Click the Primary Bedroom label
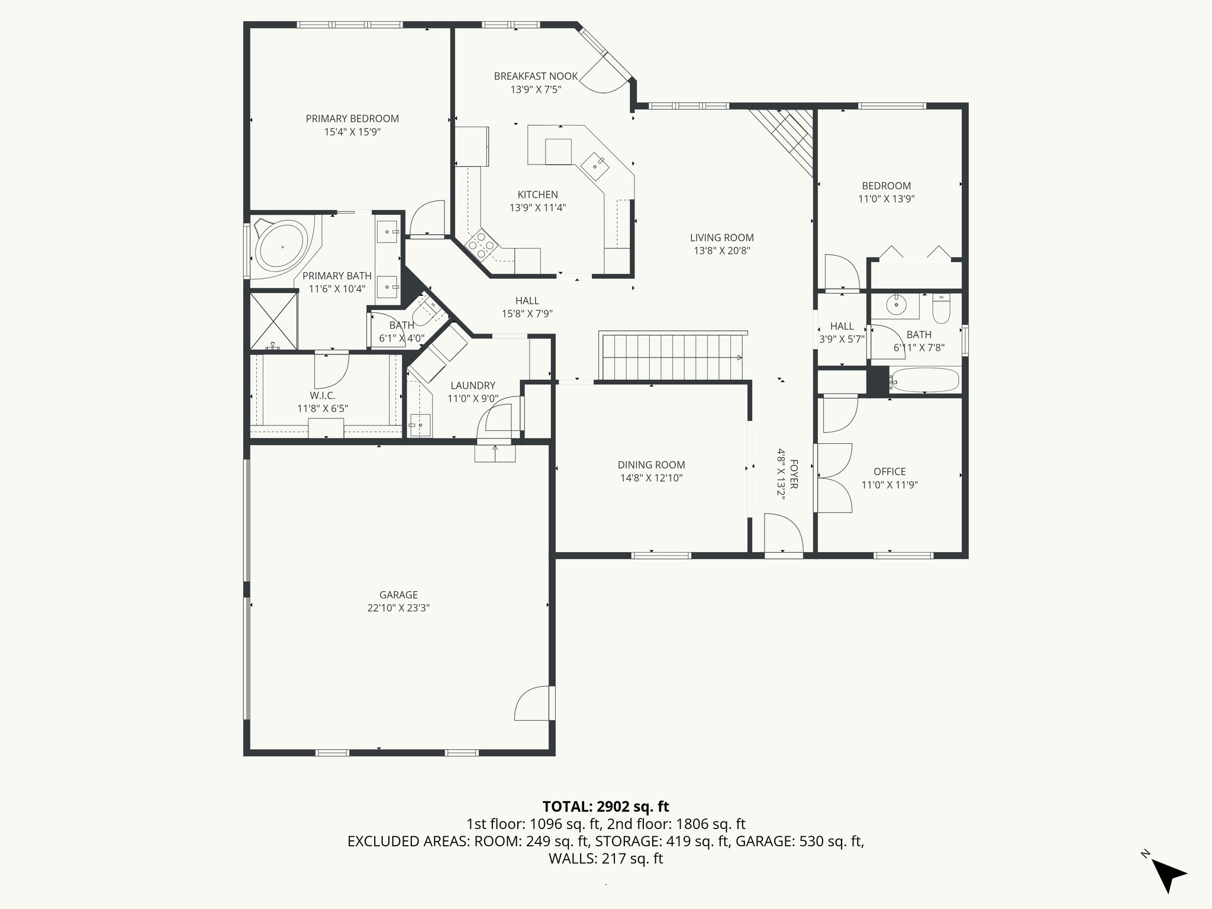click(352, 118)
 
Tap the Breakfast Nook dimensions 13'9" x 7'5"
click(536, 90)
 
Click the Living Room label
click(721, 238)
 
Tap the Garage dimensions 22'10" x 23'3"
click(398, 608)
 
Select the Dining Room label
click(651, 465)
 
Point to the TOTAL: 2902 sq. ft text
click(605, 806)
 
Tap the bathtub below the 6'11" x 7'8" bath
click(924, 381)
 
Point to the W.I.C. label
click(322, 395)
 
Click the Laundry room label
click(472, 386)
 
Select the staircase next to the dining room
click(672, 357)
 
